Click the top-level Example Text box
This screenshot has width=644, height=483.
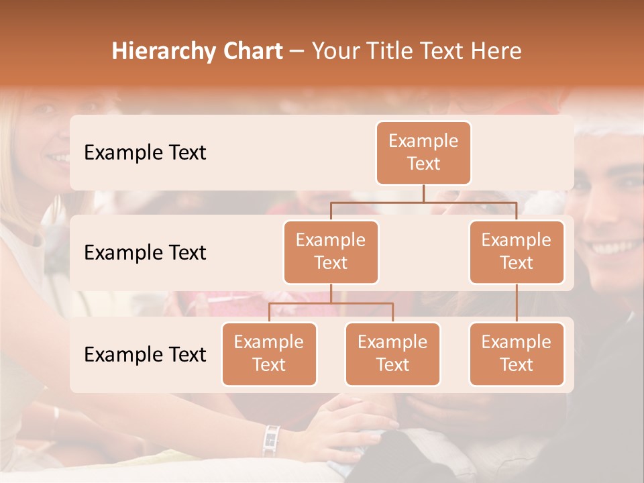423,153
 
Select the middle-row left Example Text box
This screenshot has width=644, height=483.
331,252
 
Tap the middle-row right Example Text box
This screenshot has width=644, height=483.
517,252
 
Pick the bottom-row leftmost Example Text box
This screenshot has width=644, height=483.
269,354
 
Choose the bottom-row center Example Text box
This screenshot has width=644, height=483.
392,354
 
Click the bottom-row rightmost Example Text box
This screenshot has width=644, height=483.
517,354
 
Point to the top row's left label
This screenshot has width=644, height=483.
145,153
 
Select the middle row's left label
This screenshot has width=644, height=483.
145,253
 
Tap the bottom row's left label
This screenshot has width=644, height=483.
145,355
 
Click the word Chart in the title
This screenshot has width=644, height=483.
249,52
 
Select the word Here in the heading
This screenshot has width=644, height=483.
496,52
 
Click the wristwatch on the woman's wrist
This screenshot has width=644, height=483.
271,439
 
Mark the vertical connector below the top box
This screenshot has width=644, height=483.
423,193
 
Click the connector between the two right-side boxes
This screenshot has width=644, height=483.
517,303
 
